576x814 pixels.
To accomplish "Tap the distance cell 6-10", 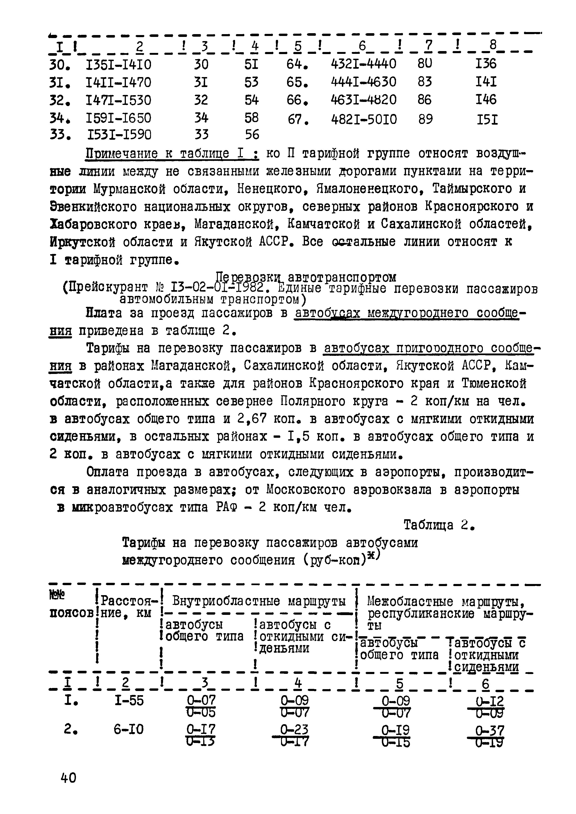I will tap(128, 729).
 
